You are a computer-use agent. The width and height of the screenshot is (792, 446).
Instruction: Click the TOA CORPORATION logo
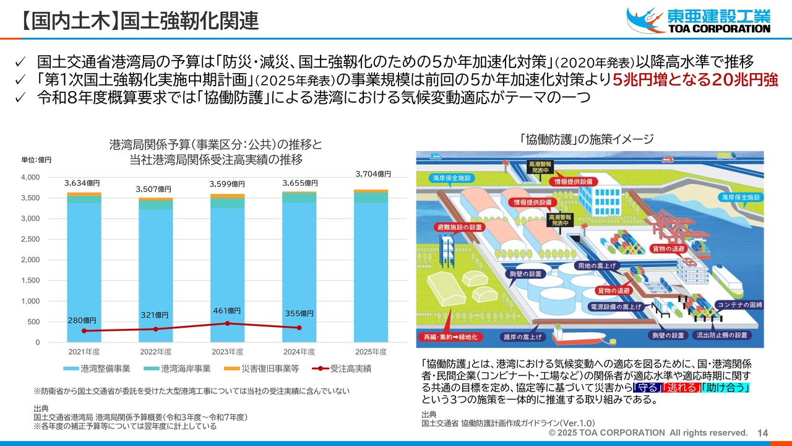pos(699,20)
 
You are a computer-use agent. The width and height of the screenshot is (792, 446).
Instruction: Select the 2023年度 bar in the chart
pos(227,273)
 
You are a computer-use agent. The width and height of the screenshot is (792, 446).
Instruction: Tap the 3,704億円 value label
pos(373,174)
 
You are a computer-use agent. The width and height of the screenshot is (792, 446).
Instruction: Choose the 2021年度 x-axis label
pos(84,352)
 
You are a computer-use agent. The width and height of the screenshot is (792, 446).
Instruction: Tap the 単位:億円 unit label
pos(37,160)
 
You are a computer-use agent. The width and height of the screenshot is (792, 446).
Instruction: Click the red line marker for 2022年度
pos(156,329)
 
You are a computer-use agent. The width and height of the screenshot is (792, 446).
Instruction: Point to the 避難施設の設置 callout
pos(459,227)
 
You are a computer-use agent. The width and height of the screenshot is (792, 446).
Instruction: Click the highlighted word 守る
pos(647,388)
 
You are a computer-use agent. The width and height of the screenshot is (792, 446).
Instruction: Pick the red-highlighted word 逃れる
pos(681,388)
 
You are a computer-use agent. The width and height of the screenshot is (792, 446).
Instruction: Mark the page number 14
pos(762,433)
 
